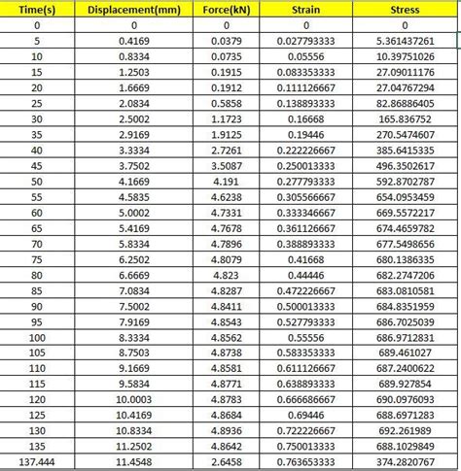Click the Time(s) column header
point(36,9)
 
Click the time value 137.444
point(36,462)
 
